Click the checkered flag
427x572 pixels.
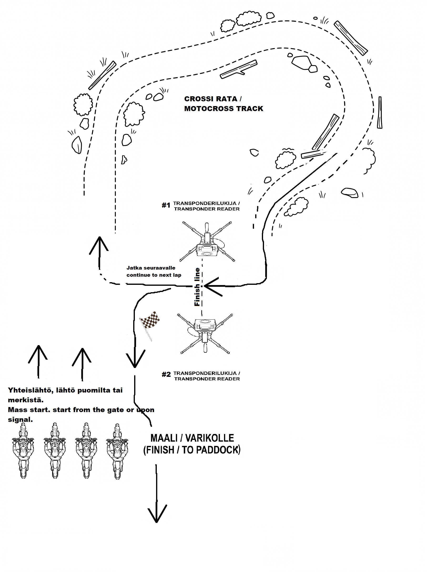tap(150, 325)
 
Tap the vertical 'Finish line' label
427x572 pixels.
tap(197, 287)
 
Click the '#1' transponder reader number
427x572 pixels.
tap(166, 205)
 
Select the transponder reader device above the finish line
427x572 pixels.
tap(207, 242)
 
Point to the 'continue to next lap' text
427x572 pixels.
tap(154, 275)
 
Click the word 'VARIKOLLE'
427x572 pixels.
tap(210, 438)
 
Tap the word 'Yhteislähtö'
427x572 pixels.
tap(31, 390)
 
